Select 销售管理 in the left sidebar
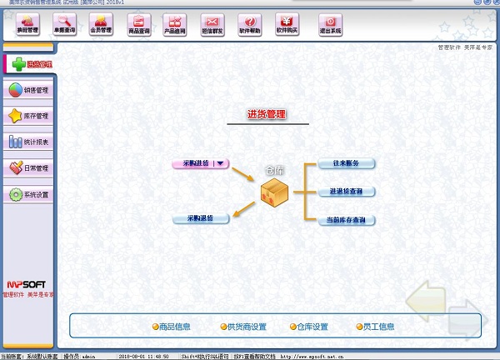coord(28,90)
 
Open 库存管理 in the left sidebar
coord(28,116)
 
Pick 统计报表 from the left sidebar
coord(28,142)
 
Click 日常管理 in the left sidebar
coord(28,168)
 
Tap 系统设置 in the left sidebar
coord(28,195)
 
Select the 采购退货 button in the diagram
coord(200,218)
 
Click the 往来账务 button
coord(346,163)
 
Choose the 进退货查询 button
coord(346,192)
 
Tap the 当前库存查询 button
coord(346,220)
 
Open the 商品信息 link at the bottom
coord(172,327)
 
